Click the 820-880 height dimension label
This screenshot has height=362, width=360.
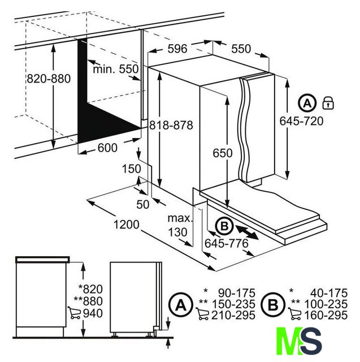[x=49, y=79]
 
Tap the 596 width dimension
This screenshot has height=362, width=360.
[x=177, y=49]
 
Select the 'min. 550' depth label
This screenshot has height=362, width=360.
[x=115, y=69]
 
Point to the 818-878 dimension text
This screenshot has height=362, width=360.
[x=171, y=126]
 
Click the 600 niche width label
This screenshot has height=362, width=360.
[x=107, y=148]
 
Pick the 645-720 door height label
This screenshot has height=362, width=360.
[x=301, y=121]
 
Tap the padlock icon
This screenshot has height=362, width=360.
[x=328, y=103]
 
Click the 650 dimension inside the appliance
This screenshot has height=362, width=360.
[x=223, y=153]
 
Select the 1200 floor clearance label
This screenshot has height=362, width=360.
[x=127, y=225]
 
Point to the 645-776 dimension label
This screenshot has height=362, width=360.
[x=227, y=243]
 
